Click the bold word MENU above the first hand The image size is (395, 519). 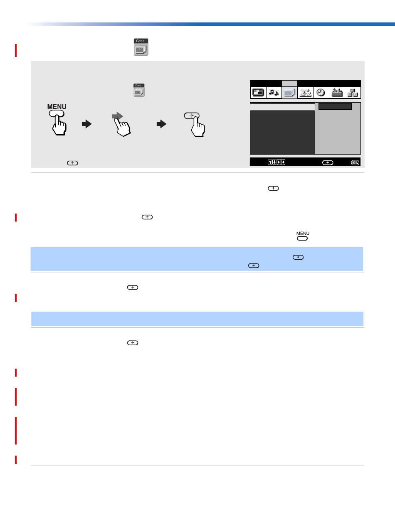(57, 107)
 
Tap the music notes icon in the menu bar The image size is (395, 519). (274, 92)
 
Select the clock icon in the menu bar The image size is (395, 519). (321, 92)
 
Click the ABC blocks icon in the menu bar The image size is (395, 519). (353, 93)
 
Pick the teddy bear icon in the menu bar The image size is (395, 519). (305, 93)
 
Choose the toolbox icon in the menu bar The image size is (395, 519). (337, 92)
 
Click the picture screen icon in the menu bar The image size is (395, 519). (258, 92)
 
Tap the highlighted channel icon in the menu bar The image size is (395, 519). (289, 93)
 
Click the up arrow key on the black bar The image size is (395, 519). (270, 162)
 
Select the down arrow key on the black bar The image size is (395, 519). (274, 162)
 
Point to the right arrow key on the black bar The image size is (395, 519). (283, 162)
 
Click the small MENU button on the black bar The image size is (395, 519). (355, 162)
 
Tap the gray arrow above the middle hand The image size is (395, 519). (117, 116)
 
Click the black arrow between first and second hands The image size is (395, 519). (86, 124)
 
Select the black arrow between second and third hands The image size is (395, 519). (162, 124)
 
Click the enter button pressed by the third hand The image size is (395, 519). (192, 116)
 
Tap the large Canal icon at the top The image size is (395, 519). (141, 47)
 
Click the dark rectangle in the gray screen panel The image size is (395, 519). (335, 106)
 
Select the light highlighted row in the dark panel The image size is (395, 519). (282, 107)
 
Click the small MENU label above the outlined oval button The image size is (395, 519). (303, 234)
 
